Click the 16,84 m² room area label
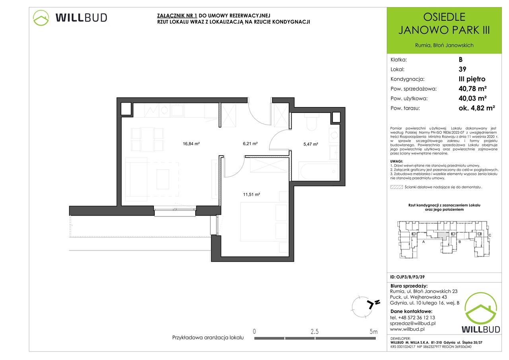click(191, 144)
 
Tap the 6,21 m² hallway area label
click(250, 144)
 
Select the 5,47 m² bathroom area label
click(311, 144)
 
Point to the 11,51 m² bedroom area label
click(251, 194)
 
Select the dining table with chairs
click(147, 140)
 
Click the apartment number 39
click(462, 69)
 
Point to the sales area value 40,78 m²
click(473, 88)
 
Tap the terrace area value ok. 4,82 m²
click(477, 108)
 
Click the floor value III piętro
click(472, 79)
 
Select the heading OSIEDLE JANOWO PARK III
click(444, 23)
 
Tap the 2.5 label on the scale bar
click(315, 332)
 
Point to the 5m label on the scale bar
click(373, 332)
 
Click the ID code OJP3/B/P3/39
click(408, 277)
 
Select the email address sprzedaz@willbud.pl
click(413, 323)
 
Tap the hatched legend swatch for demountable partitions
click(396, 187)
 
